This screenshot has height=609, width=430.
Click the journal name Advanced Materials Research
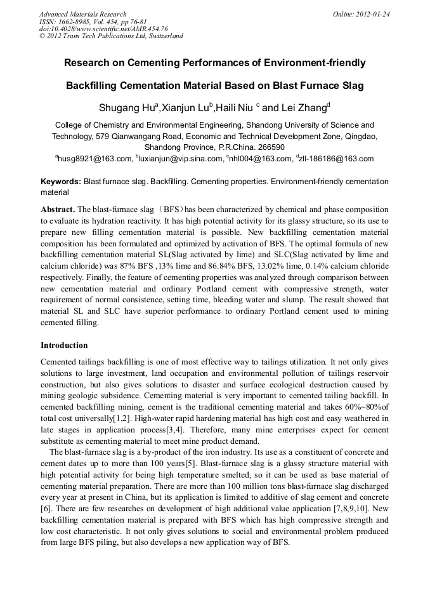[x=82, y=14]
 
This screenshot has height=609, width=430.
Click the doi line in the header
[x=103, y=29]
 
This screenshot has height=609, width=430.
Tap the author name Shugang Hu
[x=122, y=108]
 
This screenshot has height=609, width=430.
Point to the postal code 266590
[x=261, y=147]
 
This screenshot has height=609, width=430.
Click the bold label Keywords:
[x=61, y=182]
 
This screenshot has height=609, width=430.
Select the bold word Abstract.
[x=58, y=209]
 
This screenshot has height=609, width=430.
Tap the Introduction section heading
[x=64, y=345]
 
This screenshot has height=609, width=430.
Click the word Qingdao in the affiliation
[x=359, y=136]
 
